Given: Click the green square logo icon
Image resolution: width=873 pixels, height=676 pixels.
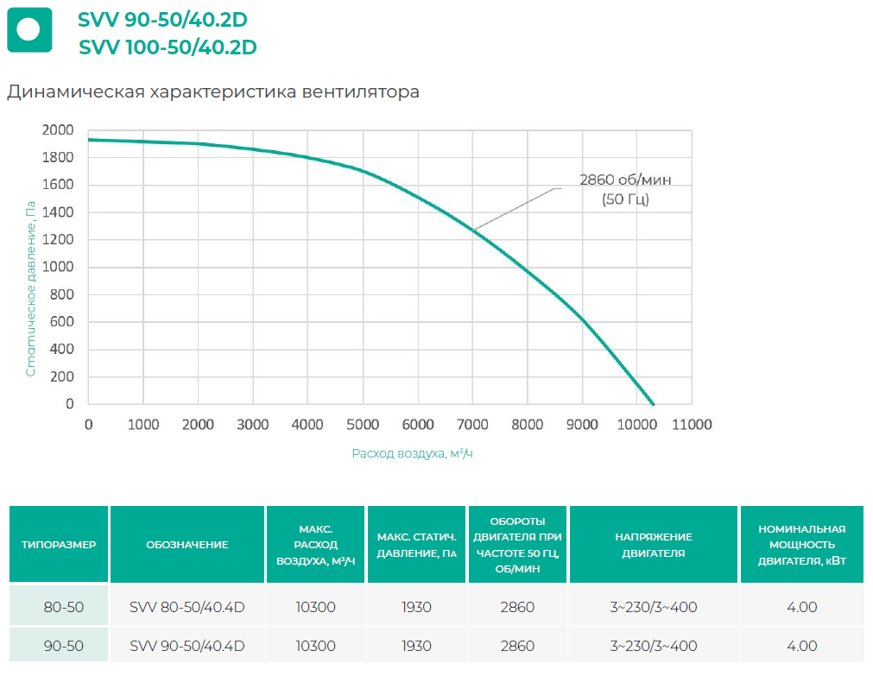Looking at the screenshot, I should tap(29, 29).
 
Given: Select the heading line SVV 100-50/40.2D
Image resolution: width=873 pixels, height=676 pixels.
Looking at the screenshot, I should tap(168, 47).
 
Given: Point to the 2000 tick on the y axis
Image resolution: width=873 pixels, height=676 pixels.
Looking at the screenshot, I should tap(58, 130).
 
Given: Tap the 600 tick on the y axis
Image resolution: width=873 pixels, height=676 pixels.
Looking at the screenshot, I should tap(63, 322).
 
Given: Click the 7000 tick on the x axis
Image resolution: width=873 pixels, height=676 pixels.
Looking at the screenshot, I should tap(472, 424).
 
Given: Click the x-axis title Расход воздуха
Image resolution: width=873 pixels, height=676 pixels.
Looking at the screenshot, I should tap(412, 453).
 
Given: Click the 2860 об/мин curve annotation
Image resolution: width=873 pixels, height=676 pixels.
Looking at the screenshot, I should tap(624, 189).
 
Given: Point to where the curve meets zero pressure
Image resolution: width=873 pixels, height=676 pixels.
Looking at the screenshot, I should tap(653, 403).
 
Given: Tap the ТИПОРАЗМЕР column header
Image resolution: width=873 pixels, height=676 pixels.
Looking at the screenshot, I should tap(59, 545).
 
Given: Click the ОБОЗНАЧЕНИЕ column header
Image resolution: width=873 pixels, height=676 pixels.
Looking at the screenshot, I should tap(187, 545).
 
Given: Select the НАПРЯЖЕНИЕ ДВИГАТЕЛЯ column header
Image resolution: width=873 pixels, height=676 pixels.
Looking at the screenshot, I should tap(654, 545).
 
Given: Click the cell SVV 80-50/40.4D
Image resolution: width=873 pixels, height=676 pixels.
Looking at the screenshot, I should tap(187, 607).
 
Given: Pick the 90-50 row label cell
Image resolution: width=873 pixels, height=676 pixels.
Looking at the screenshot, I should tap(63, 646).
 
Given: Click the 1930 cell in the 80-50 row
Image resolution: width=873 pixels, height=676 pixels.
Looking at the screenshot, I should tap(416, 607).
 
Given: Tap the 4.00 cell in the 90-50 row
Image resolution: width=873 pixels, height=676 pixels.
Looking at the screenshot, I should tap(801, 646).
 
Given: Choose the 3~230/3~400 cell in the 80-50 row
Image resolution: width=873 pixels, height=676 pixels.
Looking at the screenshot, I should tap(654, 607).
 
